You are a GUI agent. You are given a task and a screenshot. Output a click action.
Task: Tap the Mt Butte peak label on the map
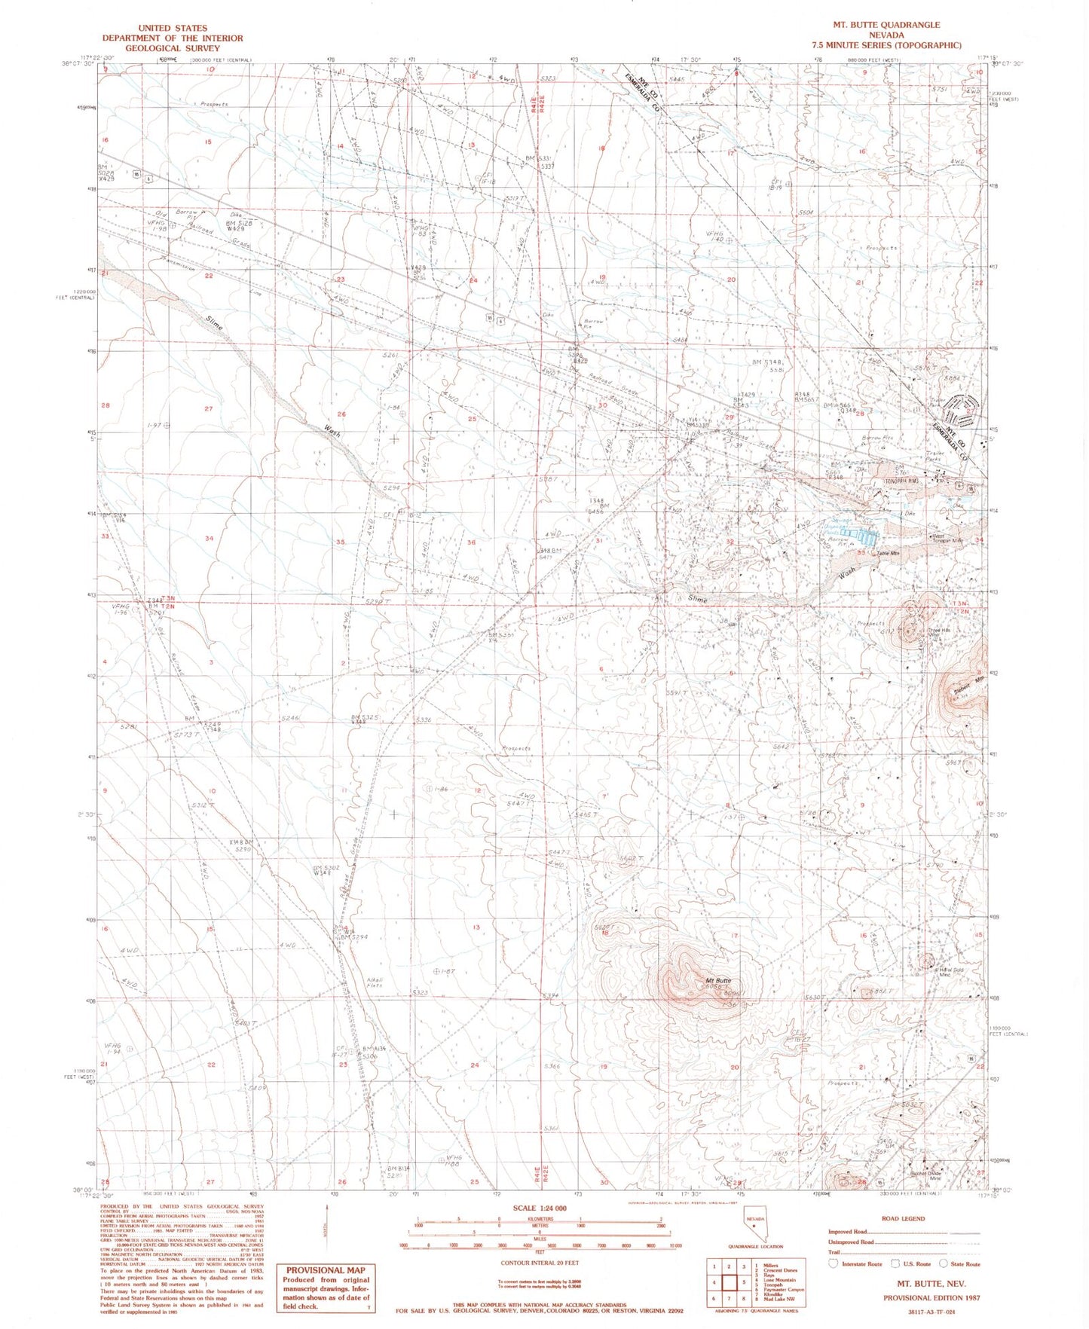click(717, 981)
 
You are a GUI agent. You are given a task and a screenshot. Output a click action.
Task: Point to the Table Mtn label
click(888, 555)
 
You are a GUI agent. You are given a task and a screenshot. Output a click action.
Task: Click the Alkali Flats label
click(375, 982)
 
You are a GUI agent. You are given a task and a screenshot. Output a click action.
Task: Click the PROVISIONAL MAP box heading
click(325, 1270)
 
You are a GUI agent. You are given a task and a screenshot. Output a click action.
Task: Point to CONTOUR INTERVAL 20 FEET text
click(540, 1262)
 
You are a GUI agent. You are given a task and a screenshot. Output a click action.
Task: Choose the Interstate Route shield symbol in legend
click(834, 1263)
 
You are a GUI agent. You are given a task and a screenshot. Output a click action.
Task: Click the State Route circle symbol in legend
click(944, 1263)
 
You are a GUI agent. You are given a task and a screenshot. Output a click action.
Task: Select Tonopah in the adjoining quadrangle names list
click(772, 1283)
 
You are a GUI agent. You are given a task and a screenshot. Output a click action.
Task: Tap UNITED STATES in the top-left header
click(173, 28)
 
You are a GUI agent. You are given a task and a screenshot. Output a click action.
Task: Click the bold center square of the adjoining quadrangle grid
click(729, 1282)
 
